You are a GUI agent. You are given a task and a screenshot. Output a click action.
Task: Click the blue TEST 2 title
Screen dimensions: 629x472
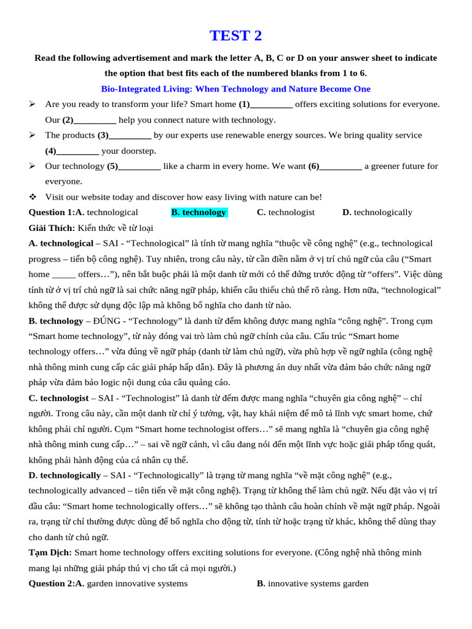point(235,36)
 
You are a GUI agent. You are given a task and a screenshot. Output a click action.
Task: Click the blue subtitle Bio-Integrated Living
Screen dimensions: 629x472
point(235,89)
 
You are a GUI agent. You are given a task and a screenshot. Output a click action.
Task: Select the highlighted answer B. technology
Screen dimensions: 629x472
point(199,213)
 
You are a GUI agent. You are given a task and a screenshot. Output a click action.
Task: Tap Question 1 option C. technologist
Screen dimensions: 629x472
point(286,213)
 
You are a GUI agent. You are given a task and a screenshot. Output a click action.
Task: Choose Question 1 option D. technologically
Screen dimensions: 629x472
point(377,213)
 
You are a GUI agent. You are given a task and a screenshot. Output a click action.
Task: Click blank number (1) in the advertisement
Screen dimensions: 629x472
point(265,104)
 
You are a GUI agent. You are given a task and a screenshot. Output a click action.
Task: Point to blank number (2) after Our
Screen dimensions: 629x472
point(89,120)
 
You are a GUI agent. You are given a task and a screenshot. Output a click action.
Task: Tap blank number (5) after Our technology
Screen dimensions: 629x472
point(134,166)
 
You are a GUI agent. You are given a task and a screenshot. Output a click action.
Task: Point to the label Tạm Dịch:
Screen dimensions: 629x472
point(50,553)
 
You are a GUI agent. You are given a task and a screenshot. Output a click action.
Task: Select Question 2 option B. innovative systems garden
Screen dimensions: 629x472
point(313,584)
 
